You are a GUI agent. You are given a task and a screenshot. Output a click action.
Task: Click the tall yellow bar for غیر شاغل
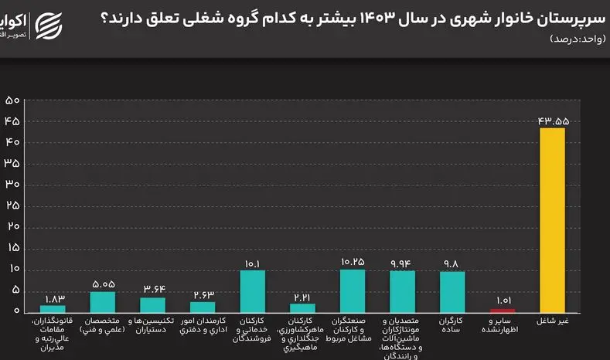click(552, 219)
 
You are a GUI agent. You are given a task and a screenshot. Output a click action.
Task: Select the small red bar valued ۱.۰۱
click(502, 309)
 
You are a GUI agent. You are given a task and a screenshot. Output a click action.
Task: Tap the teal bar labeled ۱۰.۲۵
click(353, 290)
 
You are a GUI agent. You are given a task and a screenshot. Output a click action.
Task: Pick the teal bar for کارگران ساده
click(452, 291)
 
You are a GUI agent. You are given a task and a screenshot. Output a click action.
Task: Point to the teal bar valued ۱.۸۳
click(53, 307)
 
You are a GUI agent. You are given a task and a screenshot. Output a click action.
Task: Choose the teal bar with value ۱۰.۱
click(253, 290)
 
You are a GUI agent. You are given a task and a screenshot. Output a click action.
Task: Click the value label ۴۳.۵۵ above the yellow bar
click(552, 121)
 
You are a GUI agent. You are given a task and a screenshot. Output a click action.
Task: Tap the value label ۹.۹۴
click(402, 263)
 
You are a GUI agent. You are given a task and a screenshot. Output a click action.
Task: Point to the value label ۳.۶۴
click(153, 290)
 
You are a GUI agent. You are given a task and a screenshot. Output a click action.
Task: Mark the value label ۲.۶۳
click(203, 294)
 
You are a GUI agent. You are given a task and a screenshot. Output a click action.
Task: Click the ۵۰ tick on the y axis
click(12, 100)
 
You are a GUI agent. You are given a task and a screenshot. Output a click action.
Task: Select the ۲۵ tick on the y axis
click(12, 205)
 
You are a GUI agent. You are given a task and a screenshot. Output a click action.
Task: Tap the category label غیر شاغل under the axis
click(552, 320)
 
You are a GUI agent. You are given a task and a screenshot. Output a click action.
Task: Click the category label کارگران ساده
click(452, 324)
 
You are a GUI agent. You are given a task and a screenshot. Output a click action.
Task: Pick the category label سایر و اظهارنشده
click(502, 324)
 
